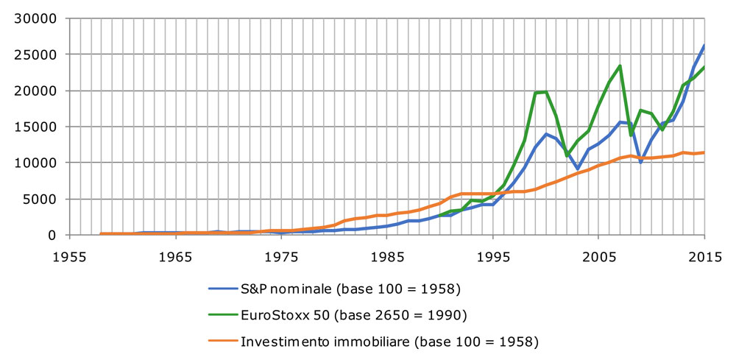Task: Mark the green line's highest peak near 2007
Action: point(620,66)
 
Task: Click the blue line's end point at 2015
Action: point(703,46)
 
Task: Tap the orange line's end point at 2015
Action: point(703,152)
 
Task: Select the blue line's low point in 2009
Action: point(640,161)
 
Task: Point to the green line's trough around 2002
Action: point(567,155)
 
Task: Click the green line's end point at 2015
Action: point(703,68)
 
